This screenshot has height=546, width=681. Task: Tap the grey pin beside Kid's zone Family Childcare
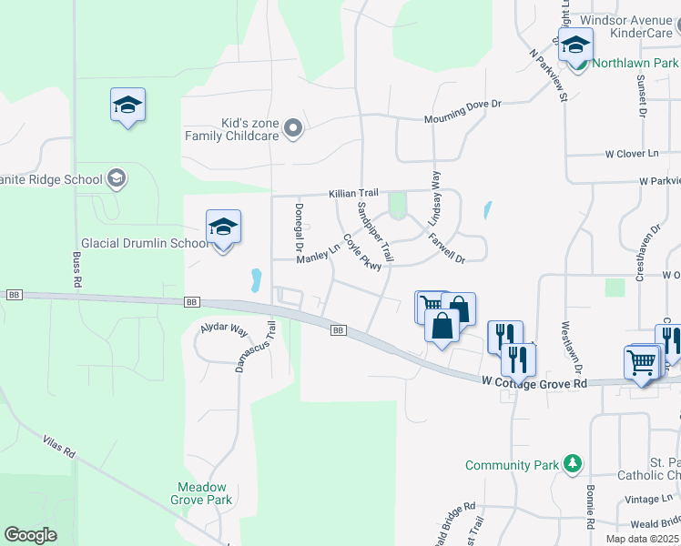point(292,129)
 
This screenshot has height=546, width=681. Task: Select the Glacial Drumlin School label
point(146,244)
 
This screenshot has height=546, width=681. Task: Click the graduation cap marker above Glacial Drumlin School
point(223,228)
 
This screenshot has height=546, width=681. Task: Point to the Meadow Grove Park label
point(201,493)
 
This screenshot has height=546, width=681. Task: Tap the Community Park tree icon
point(572,465)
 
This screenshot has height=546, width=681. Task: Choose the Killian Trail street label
point(353,194)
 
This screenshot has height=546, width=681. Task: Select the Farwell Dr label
point(447,247)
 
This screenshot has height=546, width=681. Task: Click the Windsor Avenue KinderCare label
point(625,25)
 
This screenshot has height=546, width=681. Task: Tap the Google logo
point(31,535)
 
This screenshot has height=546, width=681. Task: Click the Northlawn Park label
point(635,64)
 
